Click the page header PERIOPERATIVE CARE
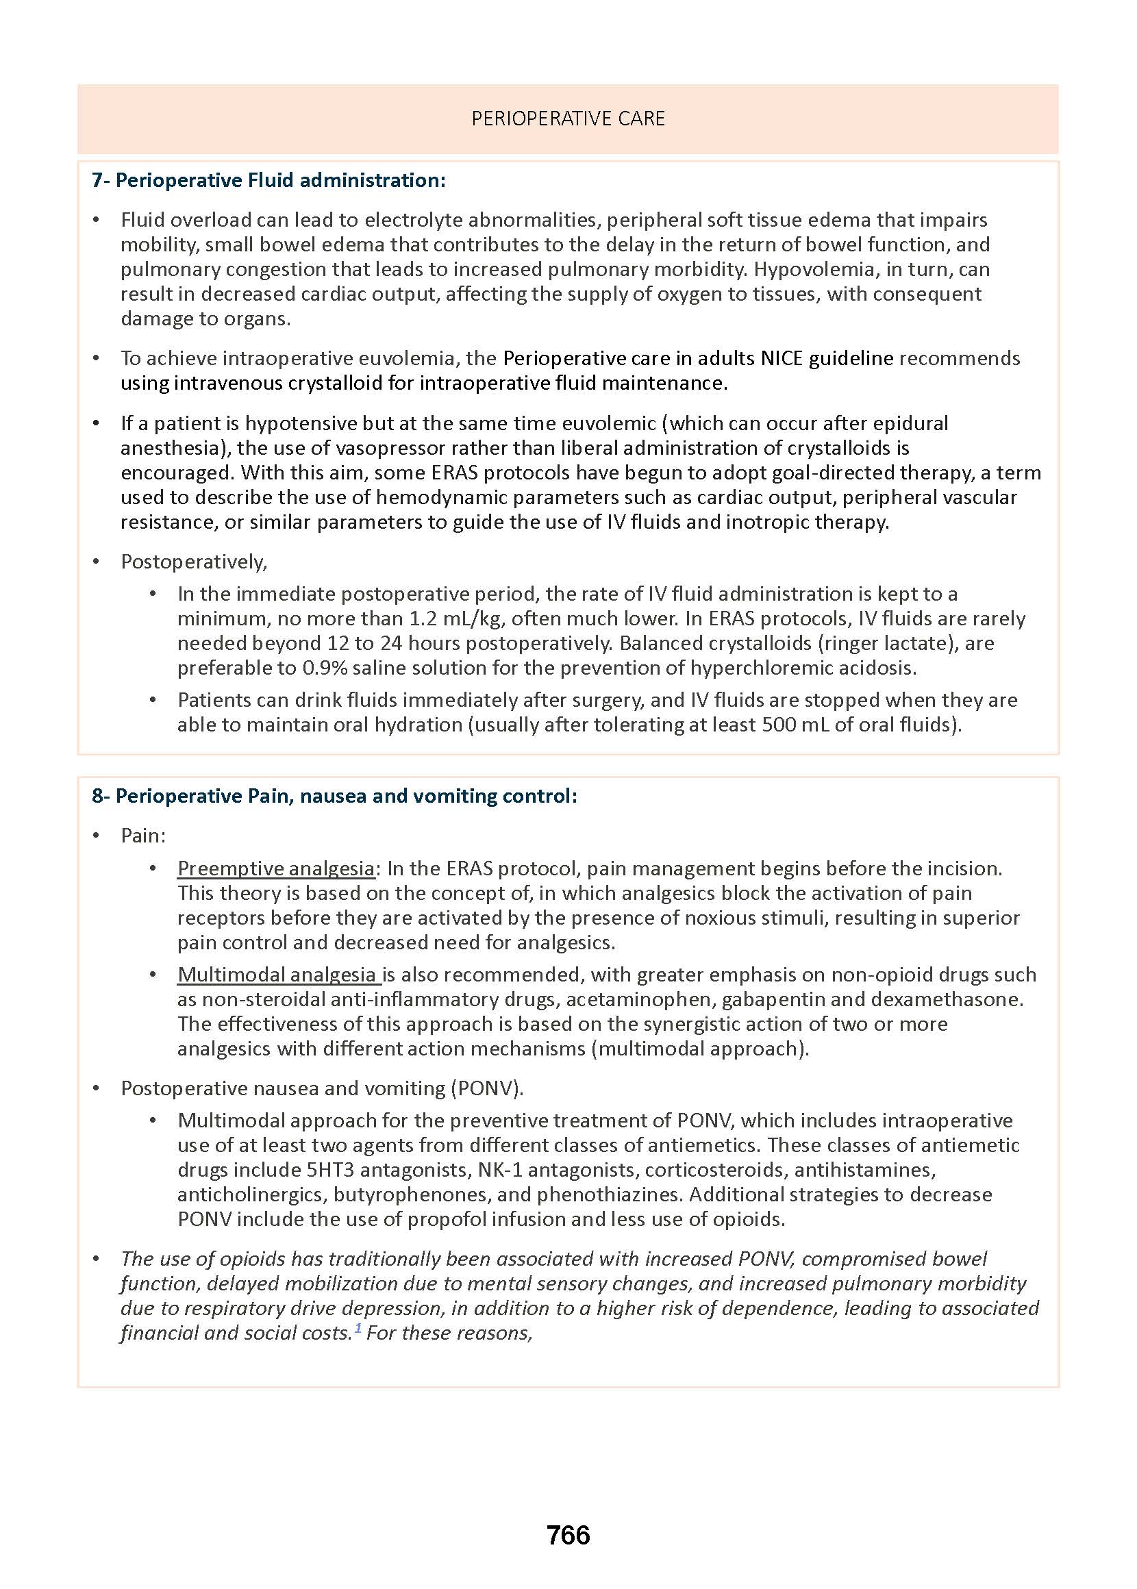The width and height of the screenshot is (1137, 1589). point(568,118)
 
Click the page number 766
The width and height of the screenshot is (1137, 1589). point(568,1535)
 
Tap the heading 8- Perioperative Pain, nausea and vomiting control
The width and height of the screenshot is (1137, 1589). point(334,796)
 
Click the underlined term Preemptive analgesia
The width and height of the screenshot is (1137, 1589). point(276,868)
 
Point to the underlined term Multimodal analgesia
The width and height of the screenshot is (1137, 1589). point(277,975)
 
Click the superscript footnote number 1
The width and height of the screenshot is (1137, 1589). point(358,1328)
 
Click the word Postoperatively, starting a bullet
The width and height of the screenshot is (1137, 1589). point(194,562)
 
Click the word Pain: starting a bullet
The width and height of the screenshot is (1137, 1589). point(143,836)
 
